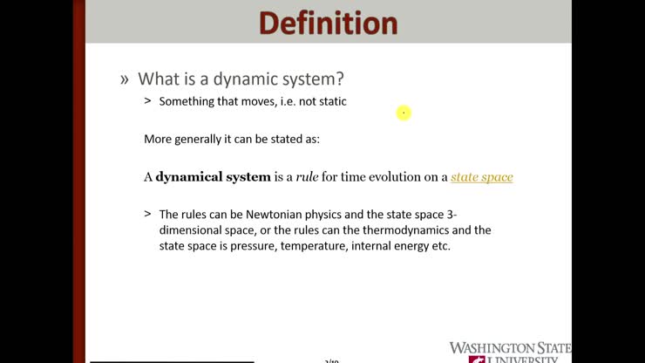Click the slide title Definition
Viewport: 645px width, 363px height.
pos(328,22)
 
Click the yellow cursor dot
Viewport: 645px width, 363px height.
pos(404,113)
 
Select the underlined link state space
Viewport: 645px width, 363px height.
pos(481,177)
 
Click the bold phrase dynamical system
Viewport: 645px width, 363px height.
pos(213,177)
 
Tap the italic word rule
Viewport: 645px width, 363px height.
pos(307,177)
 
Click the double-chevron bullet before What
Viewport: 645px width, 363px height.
pos(125,79)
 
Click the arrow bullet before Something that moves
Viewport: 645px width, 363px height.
pos(147,101)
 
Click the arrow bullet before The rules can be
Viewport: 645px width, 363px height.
pos(147,214)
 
